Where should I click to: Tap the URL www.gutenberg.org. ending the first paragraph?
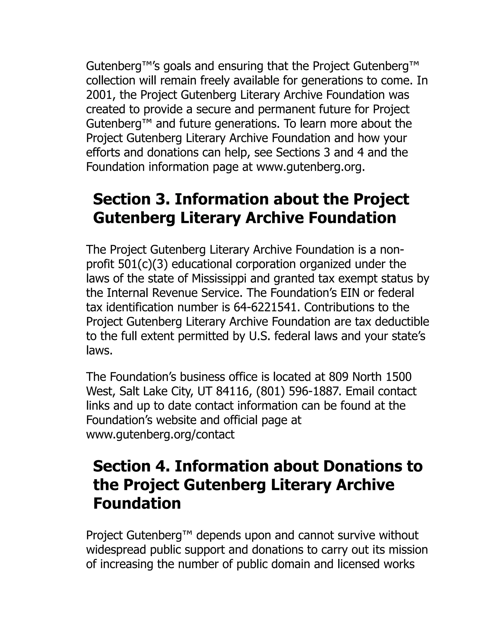pos(310,167)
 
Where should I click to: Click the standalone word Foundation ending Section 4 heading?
pos(137,503)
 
